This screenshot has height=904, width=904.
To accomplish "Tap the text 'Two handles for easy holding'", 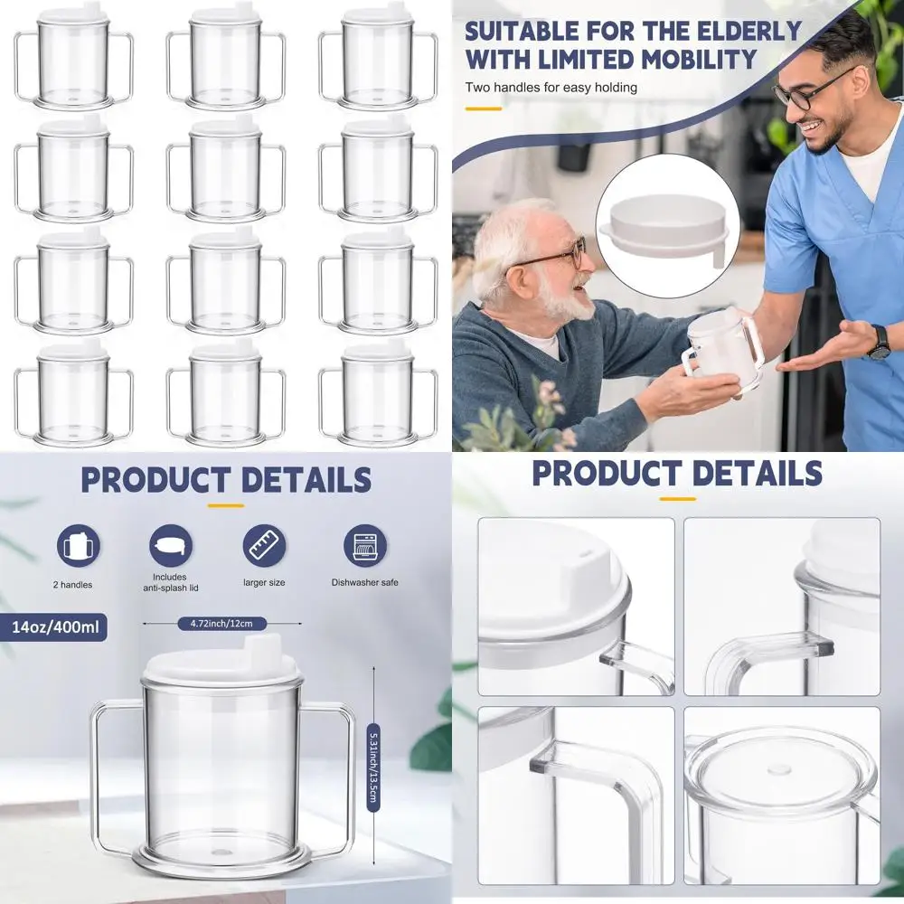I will click(551, 88).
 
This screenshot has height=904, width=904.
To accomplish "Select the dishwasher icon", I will click(364, 547).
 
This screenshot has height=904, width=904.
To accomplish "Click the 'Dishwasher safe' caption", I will click(364, 583).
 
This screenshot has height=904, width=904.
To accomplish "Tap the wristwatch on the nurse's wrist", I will click(878, 342).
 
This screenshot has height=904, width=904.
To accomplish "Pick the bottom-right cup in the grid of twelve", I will click(378, 398).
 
